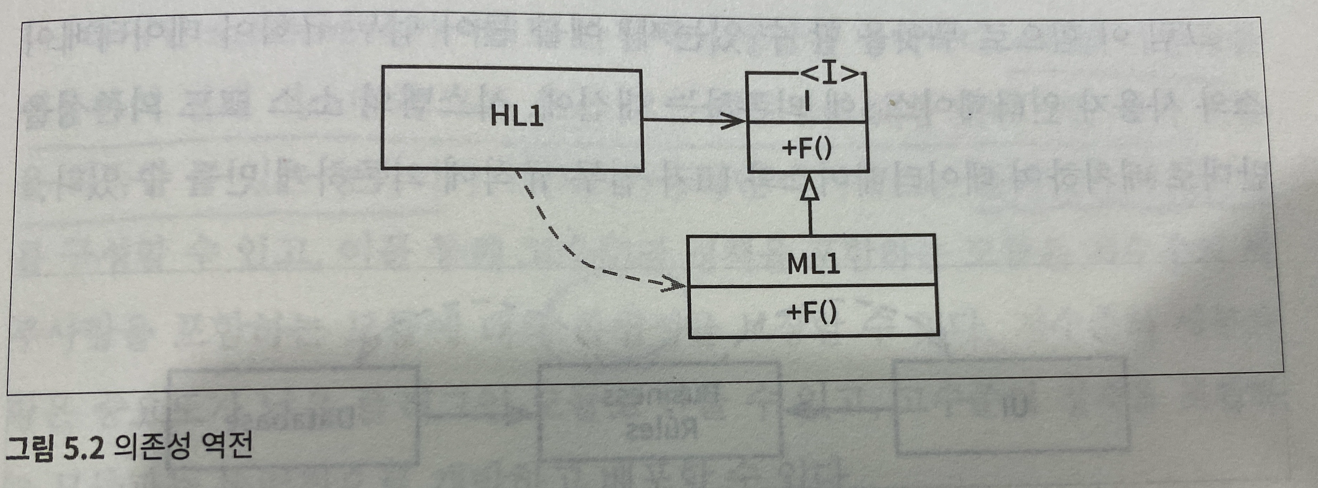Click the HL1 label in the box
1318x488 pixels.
517,116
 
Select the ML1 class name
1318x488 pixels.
813,264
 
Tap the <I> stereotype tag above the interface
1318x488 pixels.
830,75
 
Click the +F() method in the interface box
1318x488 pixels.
807,149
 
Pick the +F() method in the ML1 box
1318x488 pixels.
811,313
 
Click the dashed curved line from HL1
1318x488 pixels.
553,231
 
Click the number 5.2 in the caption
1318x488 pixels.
84,448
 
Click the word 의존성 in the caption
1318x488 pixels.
152,446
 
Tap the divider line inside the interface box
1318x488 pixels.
808,122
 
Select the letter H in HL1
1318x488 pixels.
500,116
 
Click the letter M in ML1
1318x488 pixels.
797,264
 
